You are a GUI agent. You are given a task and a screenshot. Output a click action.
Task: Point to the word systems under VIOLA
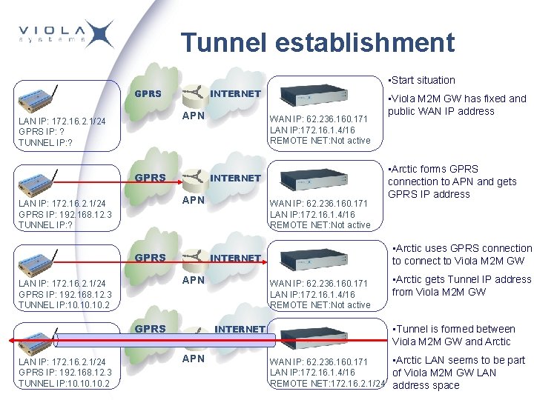(52, 43)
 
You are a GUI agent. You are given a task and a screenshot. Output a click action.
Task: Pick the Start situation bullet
(422, 80)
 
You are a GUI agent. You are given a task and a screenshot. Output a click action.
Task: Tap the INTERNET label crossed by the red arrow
(240, 329)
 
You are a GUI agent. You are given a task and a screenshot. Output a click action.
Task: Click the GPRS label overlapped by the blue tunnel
(150, 329)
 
